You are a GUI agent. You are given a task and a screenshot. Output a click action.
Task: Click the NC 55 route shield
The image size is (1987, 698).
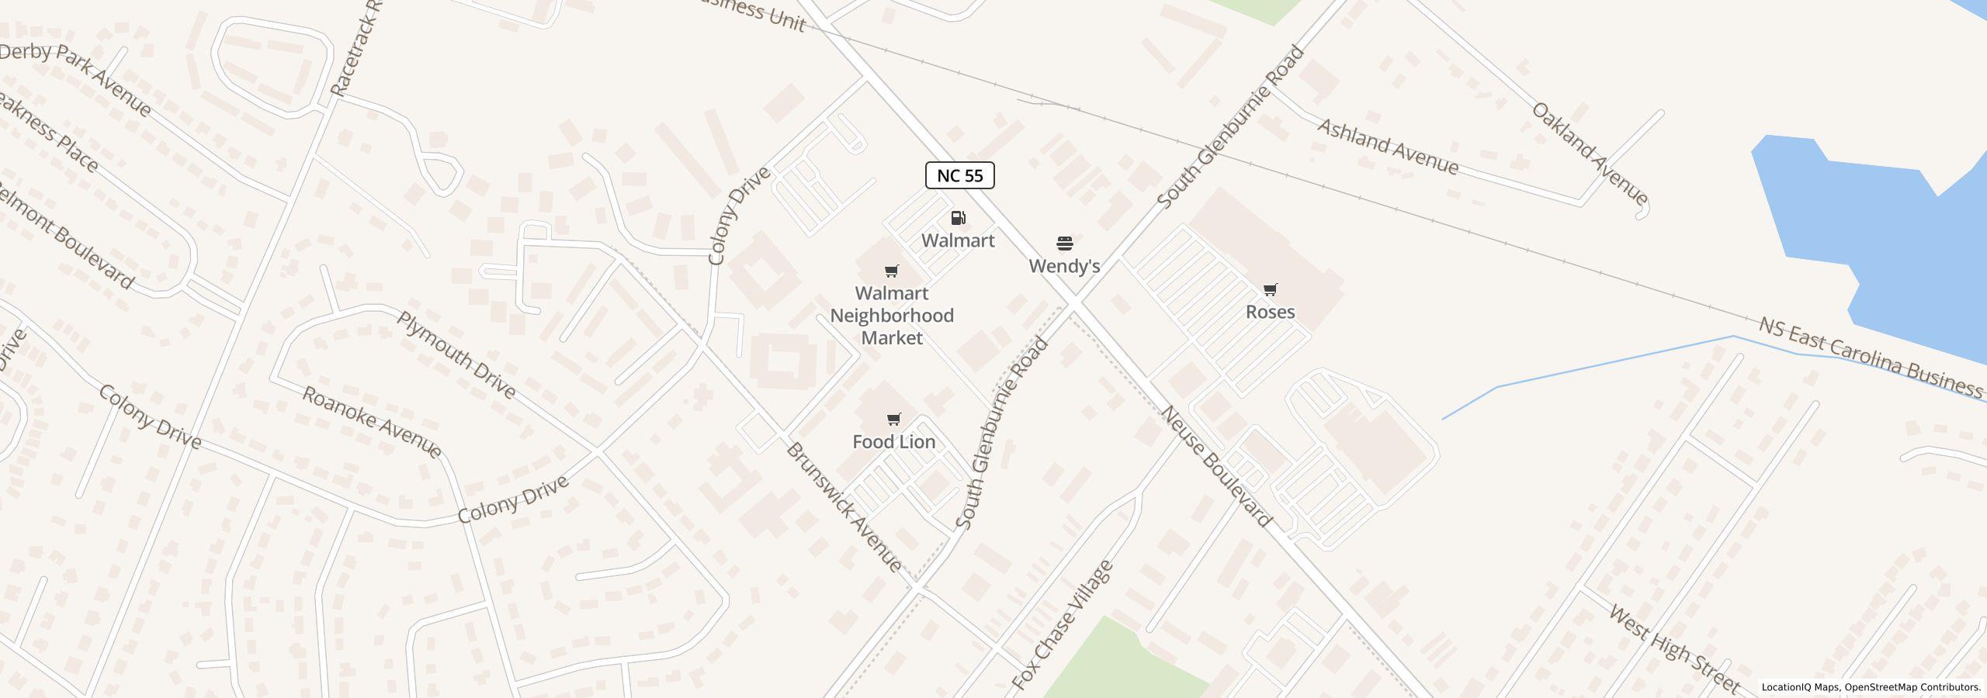tap(959, 175)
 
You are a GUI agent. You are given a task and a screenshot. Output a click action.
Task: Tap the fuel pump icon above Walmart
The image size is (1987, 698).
tap(958, 218)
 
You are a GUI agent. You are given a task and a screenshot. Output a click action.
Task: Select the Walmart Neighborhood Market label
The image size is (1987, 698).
tap(892, 316)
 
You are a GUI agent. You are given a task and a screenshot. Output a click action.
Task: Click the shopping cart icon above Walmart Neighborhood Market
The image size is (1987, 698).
tap(892, 271)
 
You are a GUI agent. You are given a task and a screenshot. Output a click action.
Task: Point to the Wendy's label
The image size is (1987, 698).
tap(1064, 266)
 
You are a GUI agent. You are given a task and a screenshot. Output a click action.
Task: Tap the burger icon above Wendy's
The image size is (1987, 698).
tap(1065, 244)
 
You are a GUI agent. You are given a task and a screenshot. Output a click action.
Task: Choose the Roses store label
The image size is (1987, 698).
tap(1270, 312)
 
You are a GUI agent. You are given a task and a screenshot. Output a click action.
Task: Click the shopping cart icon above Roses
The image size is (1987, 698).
tap(1270, 289)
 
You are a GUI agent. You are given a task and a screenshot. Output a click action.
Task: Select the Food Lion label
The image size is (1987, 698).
tap(893, 441)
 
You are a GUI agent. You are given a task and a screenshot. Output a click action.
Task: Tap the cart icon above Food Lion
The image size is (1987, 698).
tap(893, 420)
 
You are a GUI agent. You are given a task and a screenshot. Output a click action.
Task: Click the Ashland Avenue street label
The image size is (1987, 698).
tap(1388, 147)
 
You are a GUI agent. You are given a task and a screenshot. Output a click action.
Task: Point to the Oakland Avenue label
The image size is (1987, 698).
tap(1590, 153)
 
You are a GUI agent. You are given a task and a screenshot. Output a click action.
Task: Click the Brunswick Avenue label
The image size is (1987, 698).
tap(844, 507)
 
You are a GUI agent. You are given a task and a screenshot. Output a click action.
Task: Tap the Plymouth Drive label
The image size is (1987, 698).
tap(456, 354)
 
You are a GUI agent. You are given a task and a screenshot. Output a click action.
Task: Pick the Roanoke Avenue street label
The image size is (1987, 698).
tap(372, 422)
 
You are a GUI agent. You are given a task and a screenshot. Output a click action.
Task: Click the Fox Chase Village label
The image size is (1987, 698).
tap(1063, 625)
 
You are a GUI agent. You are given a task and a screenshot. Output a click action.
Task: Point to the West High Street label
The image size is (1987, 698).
tap(1674, 648)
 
